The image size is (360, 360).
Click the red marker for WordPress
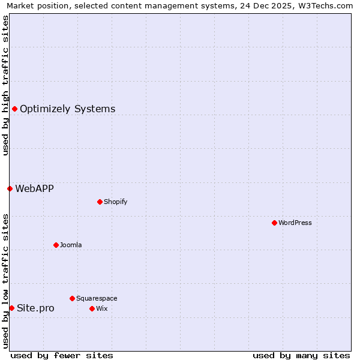point(274,223)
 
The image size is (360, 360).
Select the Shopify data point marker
point(100,202)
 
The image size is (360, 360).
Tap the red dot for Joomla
point(56,245)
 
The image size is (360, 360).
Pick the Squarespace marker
point(72,298)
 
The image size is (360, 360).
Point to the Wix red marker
point(92,308)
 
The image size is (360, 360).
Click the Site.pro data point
point(11,308)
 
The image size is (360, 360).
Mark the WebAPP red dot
point(10,188)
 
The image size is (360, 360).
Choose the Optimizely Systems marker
point(14,109)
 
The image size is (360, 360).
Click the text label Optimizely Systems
point(67,109)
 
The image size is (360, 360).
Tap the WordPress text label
point(295,223)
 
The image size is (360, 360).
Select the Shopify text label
point(116,202)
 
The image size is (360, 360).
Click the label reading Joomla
point(71,245)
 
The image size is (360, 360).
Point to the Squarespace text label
point(97,298)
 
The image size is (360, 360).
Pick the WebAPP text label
point(34,188)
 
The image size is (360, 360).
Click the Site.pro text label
point(35,308)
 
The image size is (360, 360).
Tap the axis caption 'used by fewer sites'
point(62,355)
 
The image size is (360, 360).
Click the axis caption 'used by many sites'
point(301,355)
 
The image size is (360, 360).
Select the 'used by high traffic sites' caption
point(5,85)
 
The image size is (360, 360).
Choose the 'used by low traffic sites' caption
point(5,281)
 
